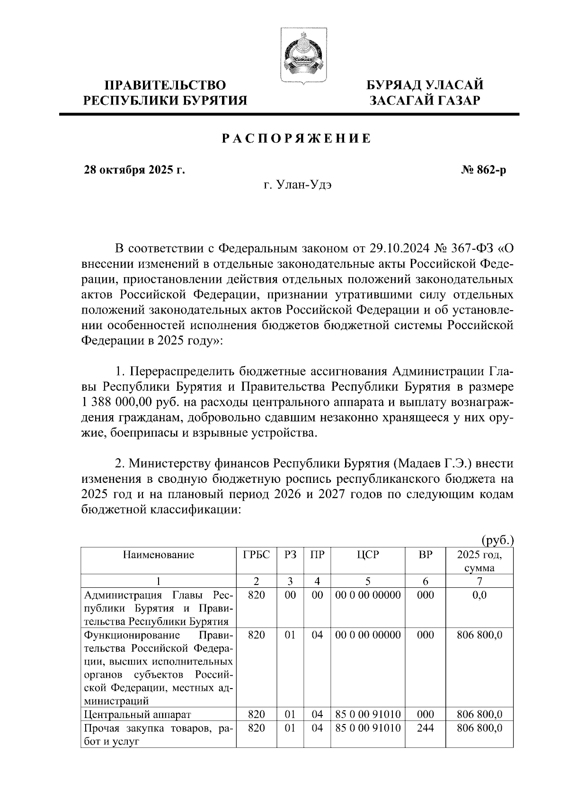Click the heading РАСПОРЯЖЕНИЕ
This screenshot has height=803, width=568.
[x=297, y=139]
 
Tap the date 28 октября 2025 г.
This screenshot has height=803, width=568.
[x=134, y=170]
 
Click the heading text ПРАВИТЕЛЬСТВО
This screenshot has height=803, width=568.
[x=165, y=85]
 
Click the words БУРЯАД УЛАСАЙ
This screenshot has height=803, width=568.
[x=426, y=85]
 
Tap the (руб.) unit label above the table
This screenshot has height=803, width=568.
[x=497, y=540]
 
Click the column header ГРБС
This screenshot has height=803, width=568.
[x=256, y=555]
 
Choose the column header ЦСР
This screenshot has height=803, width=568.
[x=368, y=555]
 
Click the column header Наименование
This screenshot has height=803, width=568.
[x=159, y=555]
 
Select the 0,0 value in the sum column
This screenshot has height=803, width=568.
[x=479, y=594]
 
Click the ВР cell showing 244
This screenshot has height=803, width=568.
[x=426, y=728]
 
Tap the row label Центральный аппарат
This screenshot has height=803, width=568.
[x=137, y=715]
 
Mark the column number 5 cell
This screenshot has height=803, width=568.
[x=368, y=581]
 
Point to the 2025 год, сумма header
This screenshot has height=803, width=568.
[x=479, y=561]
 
